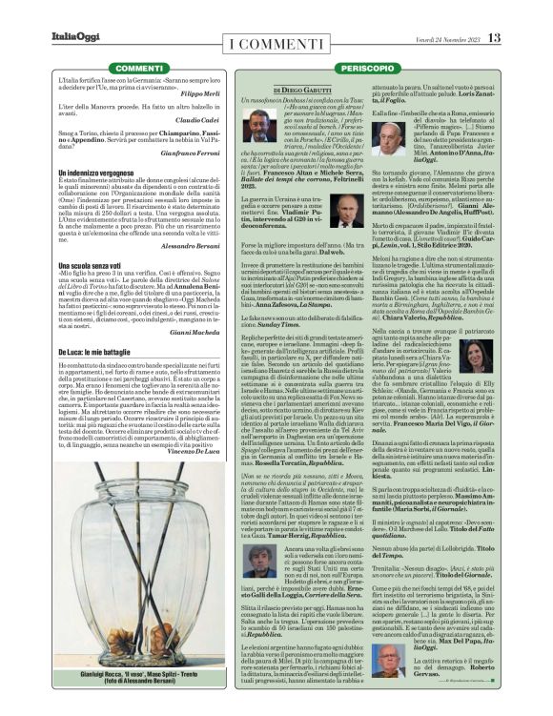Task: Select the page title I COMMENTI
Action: (275, 47)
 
